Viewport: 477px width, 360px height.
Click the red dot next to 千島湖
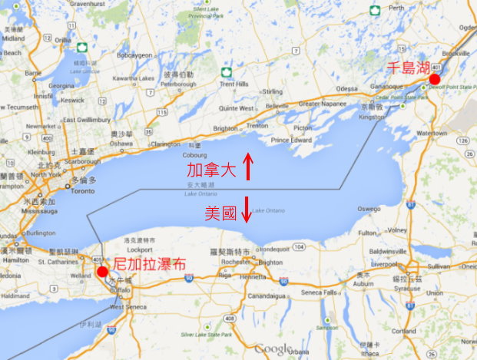coord(434,79)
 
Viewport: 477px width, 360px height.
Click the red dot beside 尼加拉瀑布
coord(102,272)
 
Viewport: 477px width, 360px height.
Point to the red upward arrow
coord(247,165)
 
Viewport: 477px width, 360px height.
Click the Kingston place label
coord(372,117)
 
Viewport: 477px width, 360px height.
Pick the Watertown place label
coord(432,133)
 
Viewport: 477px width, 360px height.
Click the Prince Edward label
coord(290,140)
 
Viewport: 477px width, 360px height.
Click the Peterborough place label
coord(177,74)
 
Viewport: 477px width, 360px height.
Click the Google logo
coord(274,348)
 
